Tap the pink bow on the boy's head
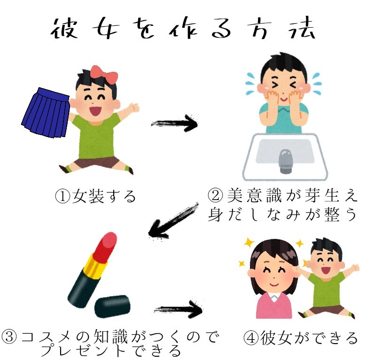(104, 73)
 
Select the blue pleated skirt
(46, 113)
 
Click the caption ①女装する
(96, 195)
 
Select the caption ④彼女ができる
(301, 338)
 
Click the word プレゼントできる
(111, 350)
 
